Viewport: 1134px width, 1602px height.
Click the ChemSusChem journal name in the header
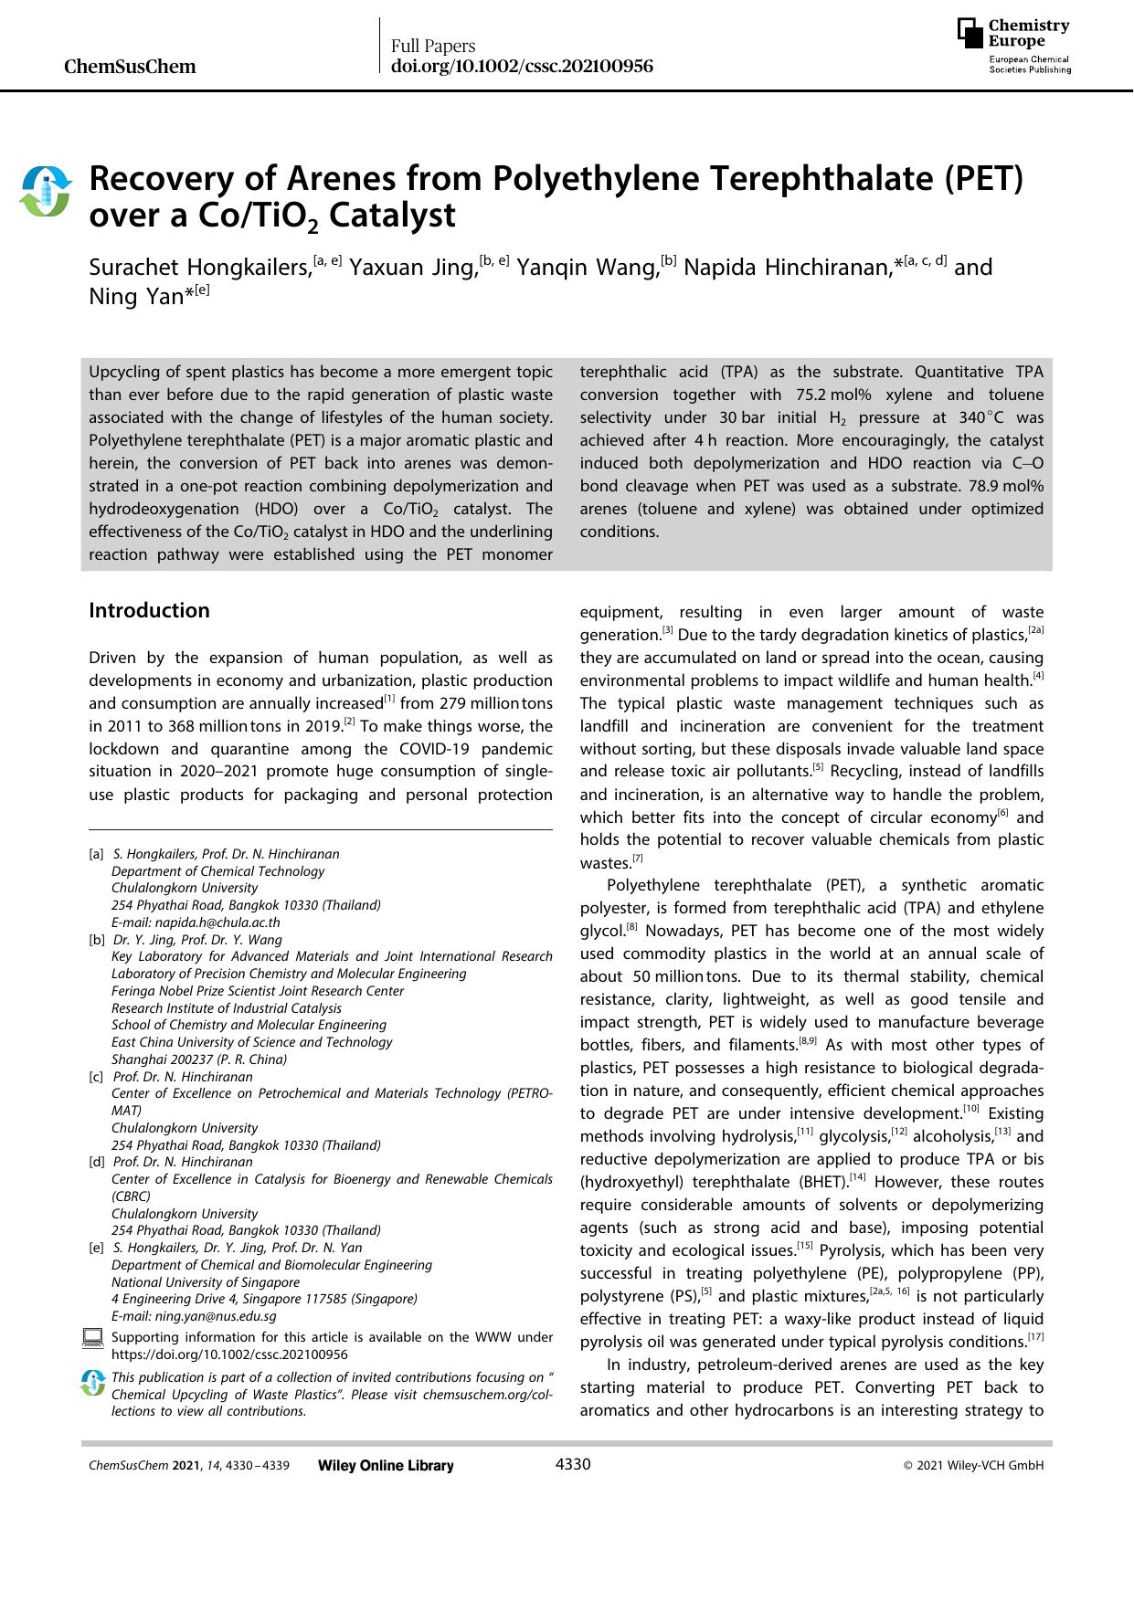131,67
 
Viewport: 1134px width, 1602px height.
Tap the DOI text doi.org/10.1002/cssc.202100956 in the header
522,67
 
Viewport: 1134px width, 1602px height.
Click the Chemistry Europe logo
1013,46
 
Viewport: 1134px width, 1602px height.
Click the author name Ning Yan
136,297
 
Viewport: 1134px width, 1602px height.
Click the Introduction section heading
149,610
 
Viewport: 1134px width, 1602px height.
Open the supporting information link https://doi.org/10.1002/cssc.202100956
228,1354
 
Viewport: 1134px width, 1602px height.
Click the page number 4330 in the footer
573,1465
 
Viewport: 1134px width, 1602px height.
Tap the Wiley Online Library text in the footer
386,1466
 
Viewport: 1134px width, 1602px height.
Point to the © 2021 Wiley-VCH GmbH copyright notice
973,1466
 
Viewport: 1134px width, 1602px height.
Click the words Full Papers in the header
433,46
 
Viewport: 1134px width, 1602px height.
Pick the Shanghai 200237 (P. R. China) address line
199,1059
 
